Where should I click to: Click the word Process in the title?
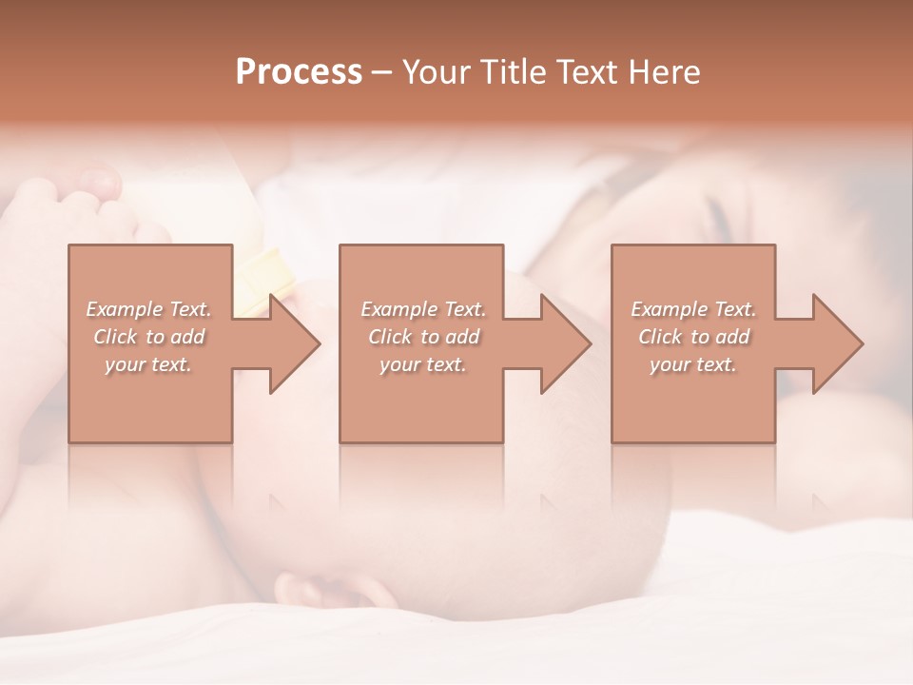299,72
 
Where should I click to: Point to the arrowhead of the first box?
290,343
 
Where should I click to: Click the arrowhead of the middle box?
562,343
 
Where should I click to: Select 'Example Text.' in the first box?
148,309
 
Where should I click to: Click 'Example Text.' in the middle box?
423,309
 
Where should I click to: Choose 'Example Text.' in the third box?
693,309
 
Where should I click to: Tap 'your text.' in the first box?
148,364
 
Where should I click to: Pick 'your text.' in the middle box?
423,364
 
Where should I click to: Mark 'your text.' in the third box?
693,364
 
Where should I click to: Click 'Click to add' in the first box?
148,337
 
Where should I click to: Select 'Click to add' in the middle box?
423,337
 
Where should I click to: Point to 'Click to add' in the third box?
693,337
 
